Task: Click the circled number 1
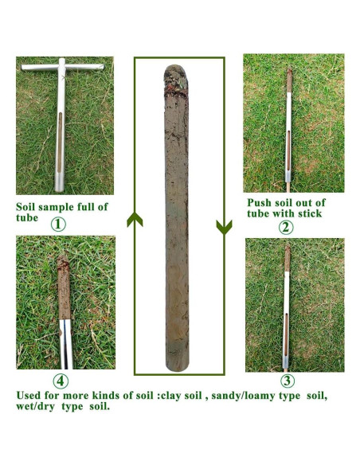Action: click(58, 225)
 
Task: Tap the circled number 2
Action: click(286, 225)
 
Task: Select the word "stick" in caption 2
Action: click(309, 213)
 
